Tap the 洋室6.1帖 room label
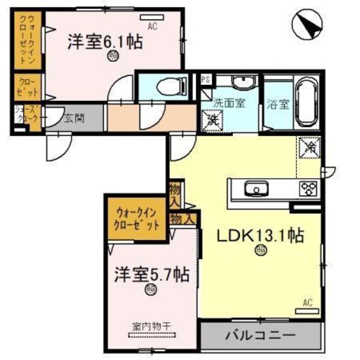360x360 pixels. click(x=104, y=43)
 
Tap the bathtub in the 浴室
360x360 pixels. click(x=306, y=103)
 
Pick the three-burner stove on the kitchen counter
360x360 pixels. click(x=309, y=187)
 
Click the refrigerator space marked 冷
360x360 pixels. click(x=309, y=148)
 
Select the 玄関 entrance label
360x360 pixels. click(x=74, y=118)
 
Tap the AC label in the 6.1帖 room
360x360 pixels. click(x=152, y=26)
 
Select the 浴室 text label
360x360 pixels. click(x=279, y=104)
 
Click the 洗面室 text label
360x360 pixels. click(x=229, y=103)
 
